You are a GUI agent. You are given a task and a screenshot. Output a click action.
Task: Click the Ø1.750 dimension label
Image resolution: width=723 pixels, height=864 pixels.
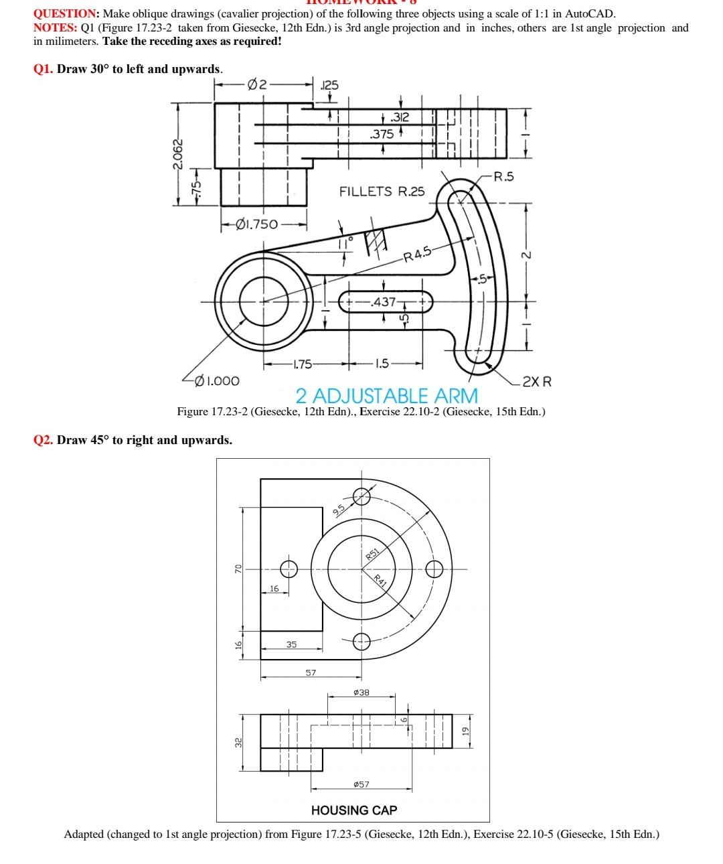pos(258,224)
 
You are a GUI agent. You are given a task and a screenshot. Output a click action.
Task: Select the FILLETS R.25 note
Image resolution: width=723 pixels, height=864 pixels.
pos(382,192)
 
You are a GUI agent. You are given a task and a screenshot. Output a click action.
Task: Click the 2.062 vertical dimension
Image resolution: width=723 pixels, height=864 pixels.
pos(177,154)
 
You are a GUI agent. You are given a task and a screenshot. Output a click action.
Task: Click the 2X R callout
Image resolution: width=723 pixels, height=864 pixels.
pos(537,382)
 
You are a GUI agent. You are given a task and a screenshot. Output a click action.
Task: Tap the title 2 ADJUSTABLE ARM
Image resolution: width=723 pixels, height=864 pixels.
pos(387,394)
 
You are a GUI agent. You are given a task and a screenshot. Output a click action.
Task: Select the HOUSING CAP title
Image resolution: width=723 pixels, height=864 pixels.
pos(354,810)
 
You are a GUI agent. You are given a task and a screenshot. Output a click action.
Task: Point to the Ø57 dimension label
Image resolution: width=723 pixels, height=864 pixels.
pos(360,784)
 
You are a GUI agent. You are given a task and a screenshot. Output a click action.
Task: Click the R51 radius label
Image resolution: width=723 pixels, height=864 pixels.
pos(373,554)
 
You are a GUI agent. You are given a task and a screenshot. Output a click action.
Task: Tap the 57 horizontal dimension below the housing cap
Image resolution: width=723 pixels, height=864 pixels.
pos(311,672)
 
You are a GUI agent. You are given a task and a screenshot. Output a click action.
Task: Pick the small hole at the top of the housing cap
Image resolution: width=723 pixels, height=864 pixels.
pos(361,496)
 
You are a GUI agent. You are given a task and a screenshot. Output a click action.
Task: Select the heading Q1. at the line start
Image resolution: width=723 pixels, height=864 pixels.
pos(44,69)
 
